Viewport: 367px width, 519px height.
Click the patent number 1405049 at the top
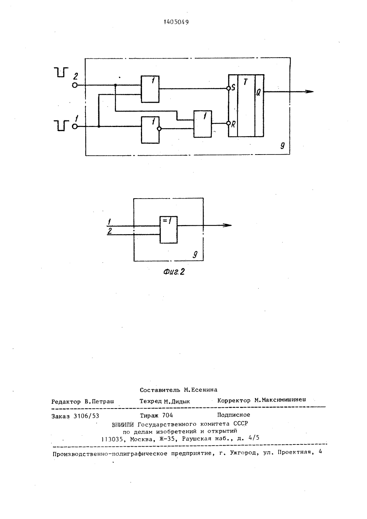176,22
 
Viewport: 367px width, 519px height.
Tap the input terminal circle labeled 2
75,85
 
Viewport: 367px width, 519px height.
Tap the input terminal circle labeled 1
75,127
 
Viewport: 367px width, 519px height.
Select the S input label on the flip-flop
233,88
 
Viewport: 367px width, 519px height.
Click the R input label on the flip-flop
233,125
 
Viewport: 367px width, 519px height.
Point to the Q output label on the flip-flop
258,92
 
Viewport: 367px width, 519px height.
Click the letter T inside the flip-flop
246,82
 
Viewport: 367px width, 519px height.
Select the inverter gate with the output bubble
150,130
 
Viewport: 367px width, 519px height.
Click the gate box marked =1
169,230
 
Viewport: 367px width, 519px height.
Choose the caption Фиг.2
174,272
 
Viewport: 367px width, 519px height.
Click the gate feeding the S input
150,89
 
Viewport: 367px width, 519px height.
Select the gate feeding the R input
203,124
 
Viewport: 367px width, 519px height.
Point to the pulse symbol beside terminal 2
61,72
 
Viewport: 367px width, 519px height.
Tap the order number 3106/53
86,416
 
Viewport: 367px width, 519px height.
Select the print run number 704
167,415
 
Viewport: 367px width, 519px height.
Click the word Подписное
233,415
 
